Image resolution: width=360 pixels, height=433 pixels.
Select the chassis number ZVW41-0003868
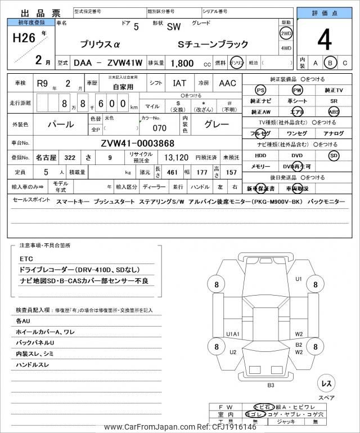pos(138,143)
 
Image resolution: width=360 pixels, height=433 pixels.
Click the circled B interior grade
pos(331,64)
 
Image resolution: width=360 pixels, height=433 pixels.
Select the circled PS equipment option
pos(260,90)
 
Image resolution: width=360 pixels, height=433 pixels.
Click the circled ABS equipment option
pos(334,111)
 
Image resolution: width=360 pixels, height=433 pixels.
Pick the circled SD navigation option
pos(334,155)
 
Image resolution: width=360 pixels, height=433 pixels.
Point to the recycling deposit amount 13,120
pos(176,158)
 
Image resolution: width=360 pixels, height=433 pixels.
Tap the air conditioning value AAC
pos(227,83)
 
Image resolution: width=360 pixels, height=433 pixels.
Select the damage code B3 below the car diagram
pos(271,385)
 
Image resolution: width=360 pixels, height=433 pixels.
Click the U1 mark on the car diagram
pos(299,279)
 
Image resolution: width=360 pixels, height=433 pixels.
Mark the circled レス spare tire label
pos(326,383)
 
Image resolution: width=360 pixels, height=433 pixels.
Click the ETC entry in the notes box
pos(25,259)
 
